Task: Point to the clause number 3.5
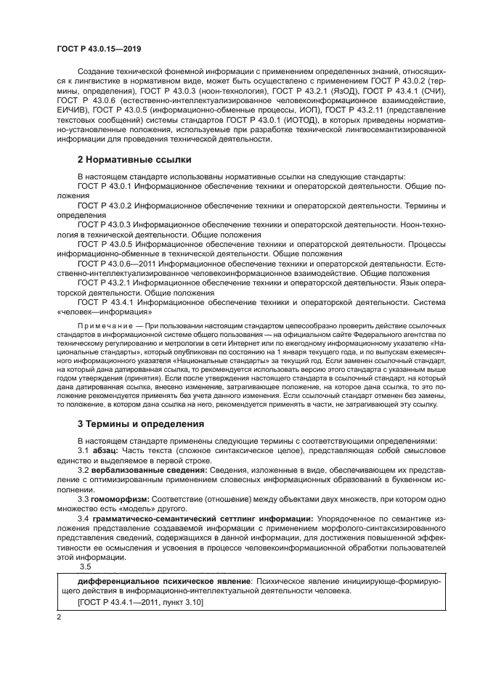coord(85,566)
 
